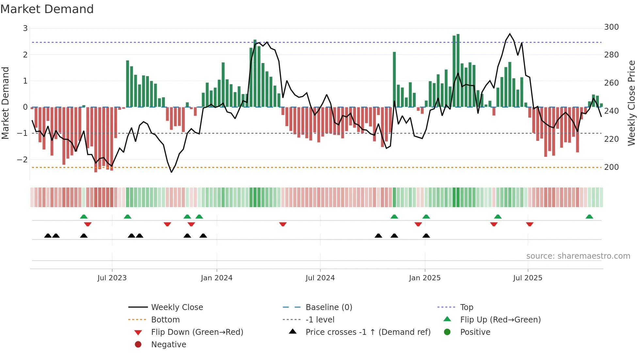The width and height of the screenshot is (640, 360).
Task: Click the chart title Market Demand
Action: click(x=47, y=9)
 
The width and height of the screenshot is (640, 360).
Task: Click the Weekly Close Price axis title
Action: click(x=632, y=103)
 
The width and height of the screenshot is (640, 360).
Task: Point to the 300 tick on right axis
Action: click(x=611, y=27)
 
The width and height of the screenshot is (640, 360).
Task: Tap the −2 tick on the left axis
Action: click(x=22, y=160)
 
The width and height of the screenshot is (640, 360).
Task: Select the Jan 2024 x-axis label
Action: click(x=216, y=278)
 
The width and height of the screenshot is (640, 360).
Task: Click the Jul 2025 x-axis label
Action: click(x=527, y=278)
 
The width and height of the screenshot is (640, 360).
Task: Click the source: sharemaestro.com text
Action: click(x=578, y=256)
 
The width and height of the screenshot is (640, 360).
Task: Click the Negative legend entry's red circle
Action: click(x=138, y=345)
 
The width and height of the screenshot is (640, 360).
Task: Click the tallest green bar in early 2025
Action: click(x=458, y=70)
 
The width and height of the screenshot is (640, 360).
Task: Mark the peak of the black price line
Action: click(x=510, y=34)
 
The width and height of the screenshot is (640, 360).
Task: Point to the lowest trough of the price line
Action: click(x=171, y=172)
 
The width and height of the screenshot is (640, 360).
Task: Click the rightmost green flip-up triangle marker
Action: click(x=589, y=217)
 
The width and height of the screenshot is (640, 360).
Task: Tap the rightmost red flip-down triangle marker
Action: click(x=530, y=224)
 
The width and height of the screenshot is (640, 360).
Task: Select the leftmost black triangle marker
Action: click(x=48, y=236)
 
